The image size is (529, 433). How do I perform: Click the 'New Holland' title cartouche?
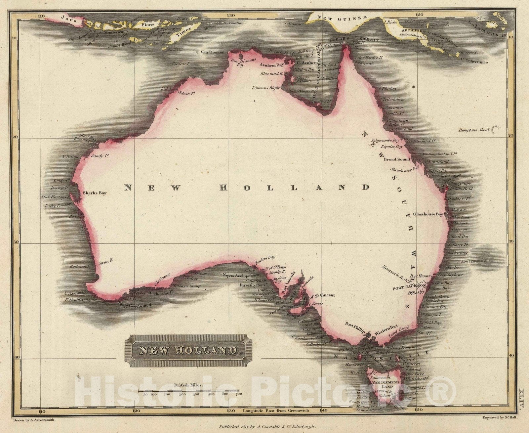point(188,351)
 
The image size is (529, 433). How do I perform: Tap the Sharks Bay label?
point(95,193)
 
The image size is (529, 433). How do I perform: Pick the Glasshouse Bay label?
point(428,214)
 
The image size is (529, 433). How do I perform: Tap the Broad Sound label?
point(396,159)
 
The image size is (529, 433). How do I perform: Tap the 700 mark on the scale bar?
point(238,394)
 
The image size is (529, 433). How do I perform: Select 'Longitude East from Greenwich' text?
point(276,411)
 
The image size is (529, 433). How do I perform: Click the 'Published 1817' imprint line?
point(267,427)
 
